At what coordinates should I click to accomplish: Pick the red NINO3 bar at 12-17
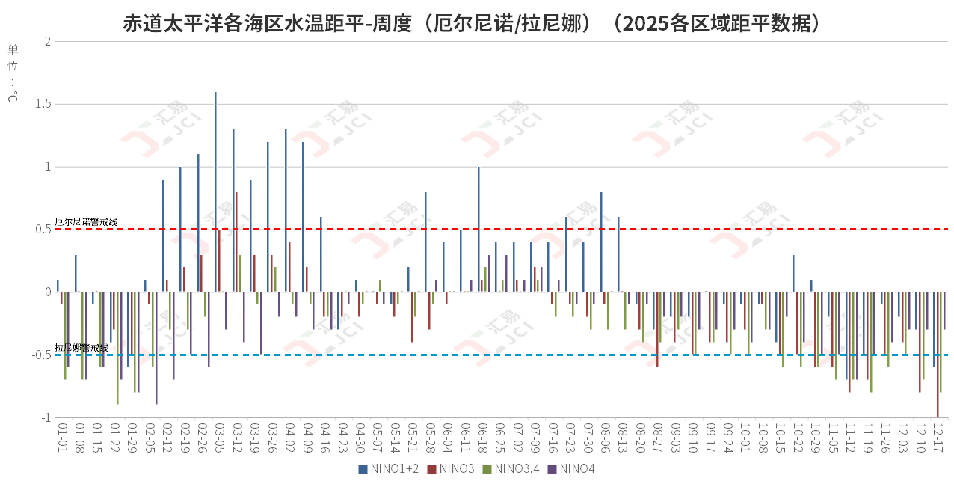(x=937, y=355)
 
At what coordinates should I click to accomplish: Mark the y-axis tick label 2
(x=48, y=42)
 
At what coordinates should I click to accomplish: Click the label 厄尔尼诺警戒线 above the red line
(x=86, y=222)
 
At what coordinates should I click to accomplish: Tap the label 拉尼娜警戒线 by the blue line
(x=81, y=348)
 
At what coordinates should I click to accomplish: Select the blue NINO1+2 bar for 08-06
(x=601, y=242)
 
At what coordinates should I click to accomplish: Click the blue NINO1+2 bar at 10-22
(x=793, y=274)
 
